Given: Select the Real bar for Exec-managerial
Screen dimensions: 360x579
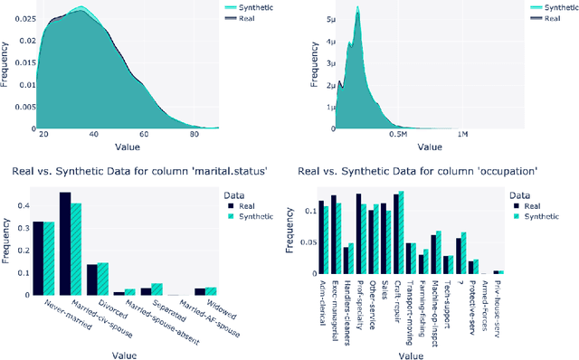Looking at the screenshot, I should pos(333,234).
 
